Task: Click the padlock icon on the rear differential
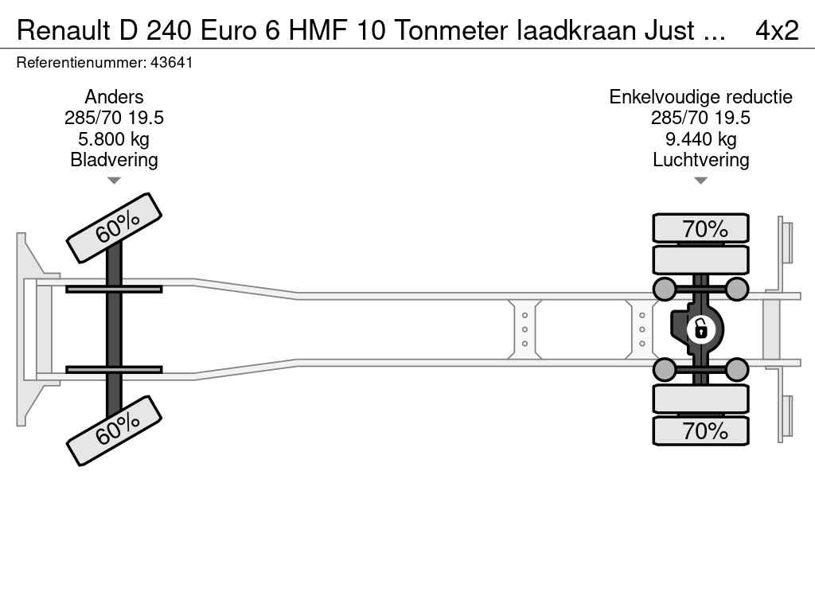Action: click(700, 328)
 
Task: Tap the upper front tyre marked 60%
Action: click(114, 228)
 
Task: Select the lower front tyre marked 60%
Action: click(114, 430)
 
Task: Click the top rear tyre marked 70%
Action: click(700, 228)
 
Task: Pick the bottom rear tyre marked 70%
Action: click(700, 430)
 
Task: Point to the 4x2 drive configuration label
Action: click(776, 30)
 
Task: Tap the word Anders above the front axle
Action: click(114, 97)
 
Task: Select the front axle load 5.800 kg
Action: click(114, 139)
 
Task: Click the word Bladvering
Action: click(114, 160)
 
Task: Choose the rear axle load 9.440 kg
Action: click(700, 139)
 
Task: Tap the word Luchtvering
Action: click(700, 160)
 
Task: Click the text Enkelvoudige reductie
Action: click(700, 97)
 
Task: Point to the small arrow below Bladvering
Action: click(114, 181)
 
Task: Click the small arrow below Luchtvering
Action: click(700, 181)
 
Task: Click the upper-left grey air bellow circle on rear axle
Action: click(664, 288)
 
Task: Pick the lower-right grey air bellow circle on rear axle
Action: click(737, 369)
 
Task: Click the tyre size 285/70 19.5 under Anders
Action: click(114, 119)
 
